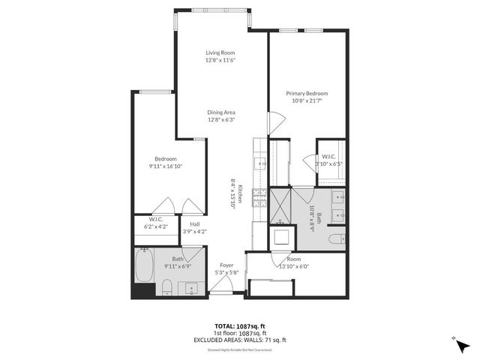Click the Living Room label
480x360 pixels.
point(221,52)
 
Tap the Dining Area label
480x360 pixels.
point(221,112)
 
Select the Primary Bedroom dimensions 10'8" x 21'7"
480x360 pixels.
point(307,101)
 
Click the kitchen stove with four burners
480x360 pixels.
point(259,196)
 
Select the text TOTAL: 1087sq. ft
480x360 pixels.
point(239,326)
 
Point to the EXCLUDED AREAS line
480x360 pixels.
point(239,340)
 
